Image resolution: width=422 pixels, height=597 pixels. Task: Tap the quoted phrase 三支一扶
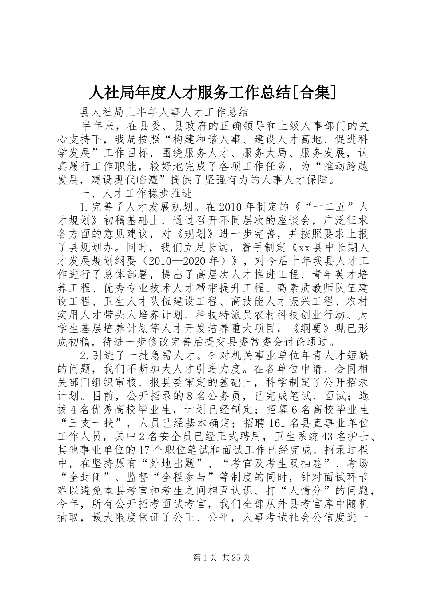pyautogui.click(x=92, y=424)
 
